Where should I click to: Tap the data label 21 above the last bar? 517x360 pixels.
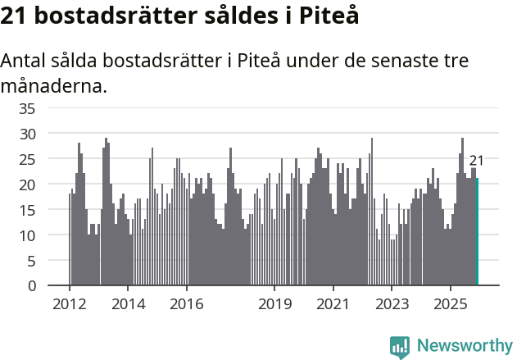(476, 161)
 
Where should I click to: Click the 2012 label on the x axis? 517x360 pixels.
(69, 303)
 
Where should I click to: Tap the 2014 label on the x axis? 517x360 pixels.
(128, 303)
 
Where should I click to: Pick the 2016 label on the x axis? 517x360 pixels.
(187, 303)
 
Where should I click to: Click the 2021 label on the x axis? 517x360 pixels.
(333, 303)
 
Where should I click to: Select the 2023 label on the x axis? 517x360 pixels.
(392, 303)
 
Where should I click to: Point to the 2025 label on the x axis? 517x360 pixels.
(451, 303)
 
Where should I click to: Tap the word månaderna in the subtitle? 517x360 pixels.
(53, 85)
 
